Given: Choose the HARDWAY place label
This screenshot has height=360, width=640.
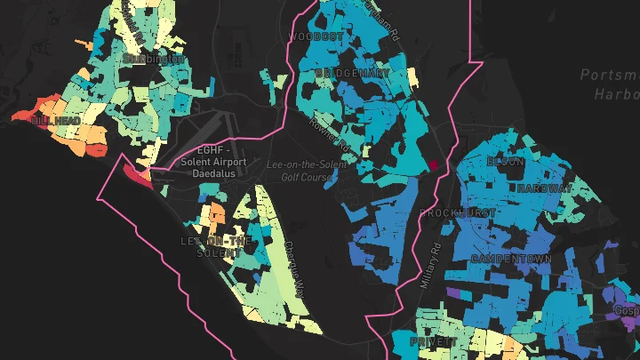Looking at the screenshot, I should pos(544,188).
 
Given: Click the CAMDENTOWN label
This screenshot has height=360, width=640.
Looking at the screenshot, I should pos(511,258).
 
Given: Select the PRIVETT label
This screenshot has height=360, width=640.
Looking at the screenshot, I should pos(434,340).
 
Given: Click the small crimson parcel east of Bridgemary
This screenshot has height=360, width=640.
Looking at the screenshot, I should pos(435,164).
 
